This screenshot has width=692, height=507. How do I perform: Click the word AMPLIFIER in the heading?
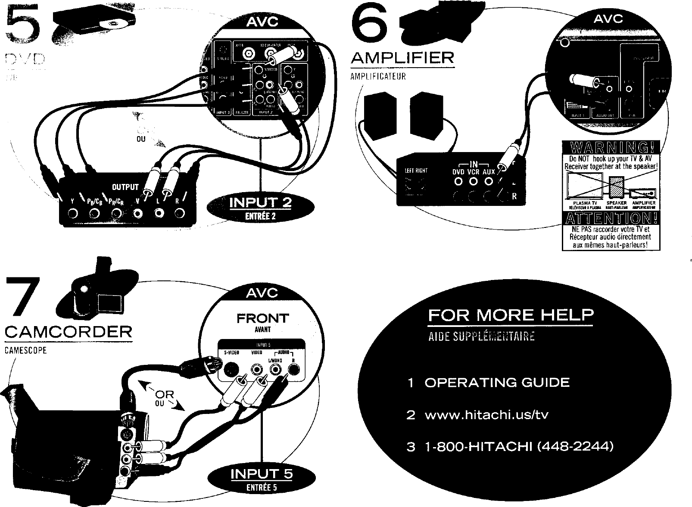tap(402, 58)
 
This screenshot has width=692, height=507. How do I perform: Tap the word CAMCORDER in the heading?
tap(68, 332)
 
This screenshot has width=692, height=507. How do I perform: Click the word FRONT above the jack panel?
tap(262, 319)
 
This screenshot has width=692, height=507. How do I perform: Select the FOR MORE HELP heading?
tap(511, 315)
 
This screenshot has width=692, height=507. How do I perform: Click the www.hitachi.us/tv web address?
tap(486, 415)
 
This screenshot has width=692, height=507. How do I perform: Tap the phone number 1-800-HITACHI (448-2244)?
tap(518, 446)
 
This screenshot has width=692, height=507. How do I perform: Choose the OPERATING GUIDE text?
tap(497, 383)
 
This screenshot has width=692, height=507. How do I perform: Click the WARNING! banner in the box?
tap(610, 148)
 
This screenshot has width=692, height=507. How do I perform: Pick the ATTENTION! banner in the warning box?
tap(610, 219)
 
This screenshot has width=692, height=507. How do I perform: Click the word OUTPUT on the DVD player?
tap(125, 187)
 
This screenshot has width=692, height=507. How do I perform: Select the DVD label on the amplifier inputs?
tap(458, 172)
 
